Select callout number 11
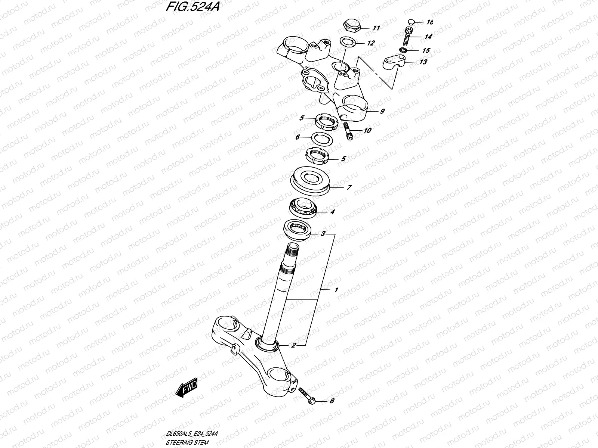pyautogui.click(x=376, y=28)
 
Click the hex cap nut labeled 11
pyautogui.click(x=351, y=27)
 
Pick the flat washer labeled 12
pyautogui.click(x=348, y=42)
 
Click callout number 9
pyautogui.click(x=382, y=111)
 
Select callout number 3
pyautogui.click(x=323, y=234)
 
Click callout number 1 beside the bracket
pyautogui.click(x=336, y=290)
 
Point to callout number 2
pyautogui.click(x=294, y=345)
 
